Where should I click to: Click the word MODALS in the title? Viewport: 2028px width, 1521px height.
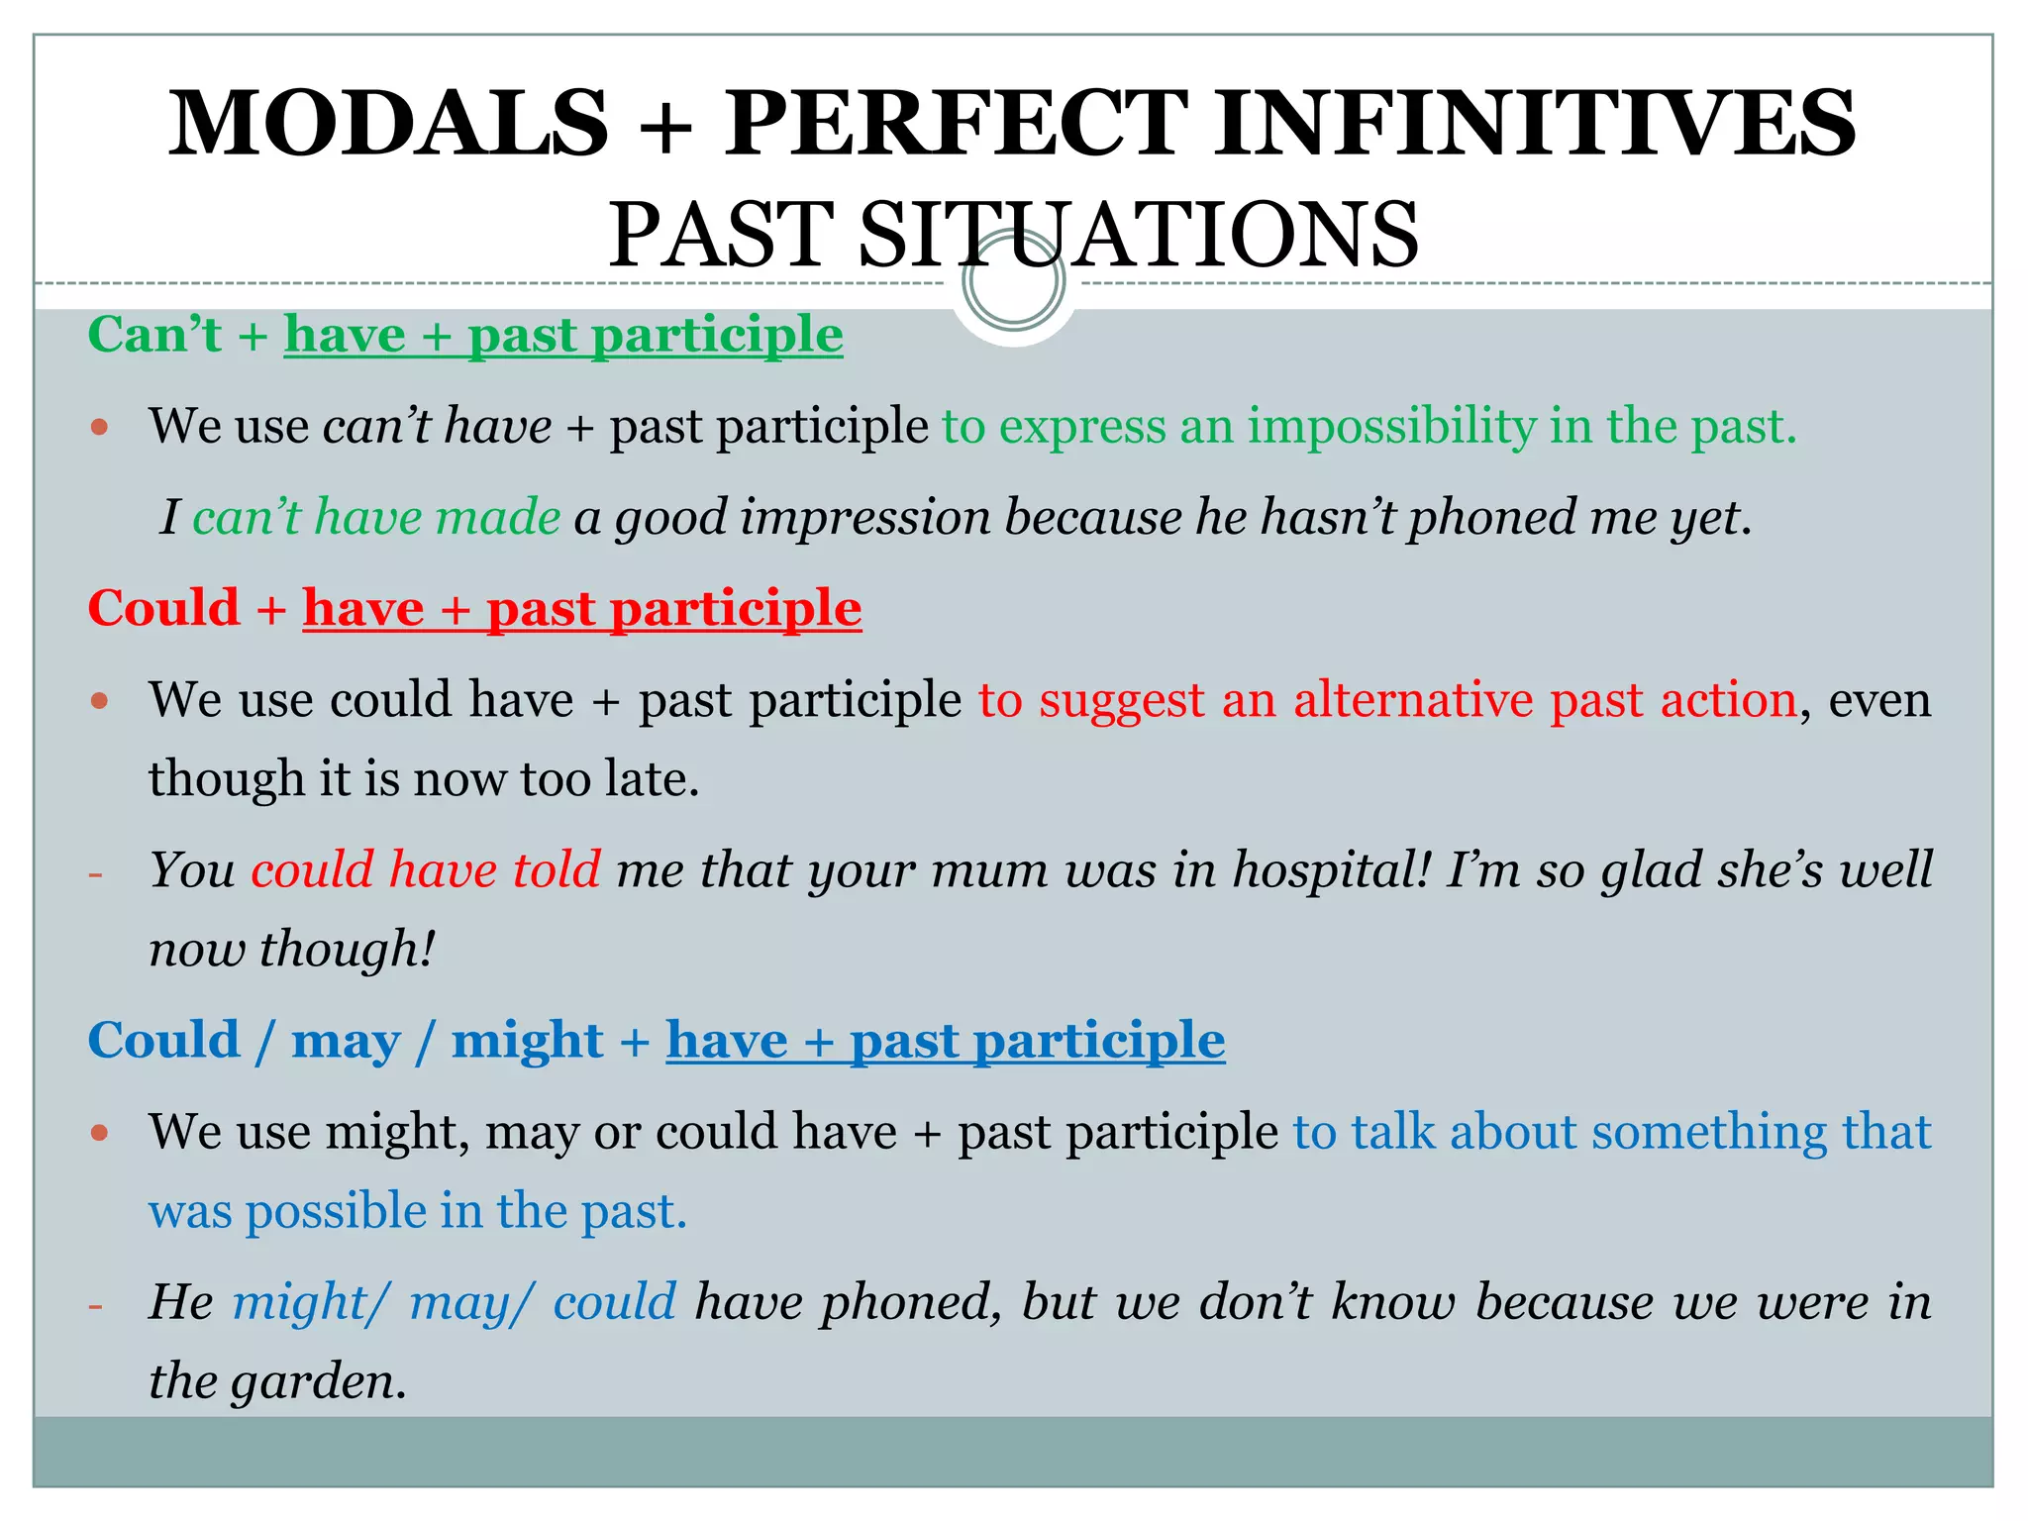[388, 124]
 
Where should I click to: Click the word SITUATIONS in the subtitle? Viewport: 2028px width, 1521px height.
[1139, 236]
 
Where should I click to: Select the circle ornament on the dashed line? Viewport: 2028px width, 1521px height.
[1013, 281]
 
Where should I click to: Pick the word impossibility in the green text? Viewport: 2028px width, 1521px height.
[1390, 427]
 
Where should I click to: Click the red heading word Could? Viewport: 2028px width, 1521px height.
[163, 608]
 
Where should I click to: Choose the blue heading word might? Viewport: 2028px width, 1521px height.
[527, 1041]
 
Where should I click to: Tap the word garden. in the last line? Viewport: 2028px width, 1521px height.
[318, 1381]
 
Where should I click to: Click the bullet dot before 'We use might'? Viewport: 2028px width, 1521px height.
[98, 1132]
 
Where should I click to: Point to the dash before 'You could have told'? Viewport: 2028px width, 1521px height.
[96, 874]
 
